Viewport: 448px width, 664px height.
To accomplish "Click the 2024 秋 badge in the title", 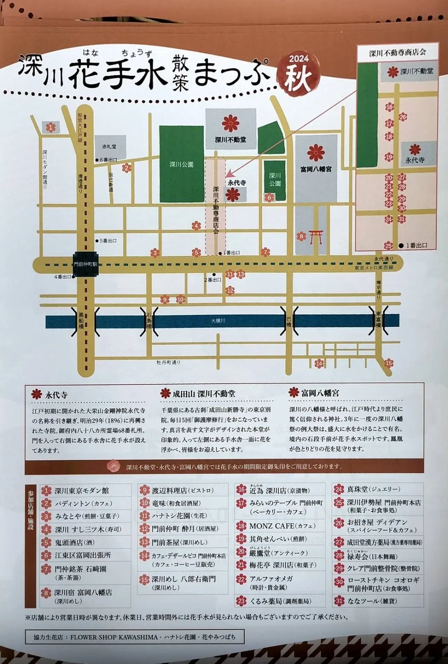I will pos(298,74).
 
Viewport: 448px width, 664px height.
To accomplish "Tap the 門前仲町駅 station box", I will pos(85,264).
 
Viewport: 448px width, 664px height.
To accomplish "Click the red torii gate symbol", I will pos(316,237).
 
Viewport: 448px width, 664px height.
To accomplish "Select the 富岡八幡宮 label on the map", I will pos(316,169).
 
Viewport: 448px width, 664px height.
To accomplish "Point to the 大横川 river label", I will pos(218,320).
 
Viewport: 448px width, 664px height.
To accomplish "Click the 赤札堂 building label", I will pos(109,147).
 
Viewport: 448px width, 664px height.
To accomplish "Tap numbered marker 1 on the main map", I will pos(51,127).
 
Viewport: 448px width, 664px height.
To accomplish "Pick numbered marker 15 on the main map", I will pos(388,364).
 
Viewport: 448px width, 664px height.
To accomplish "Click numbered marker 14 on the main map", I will pos(319,364).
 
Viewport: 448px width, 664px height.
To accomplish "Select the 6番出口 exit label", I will pos(108,160).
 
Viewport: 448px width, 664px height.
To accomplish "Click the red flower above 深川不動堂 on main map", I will pos(231,123).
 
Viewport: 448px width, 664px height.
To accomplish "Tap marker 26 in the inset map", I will pos(403,117).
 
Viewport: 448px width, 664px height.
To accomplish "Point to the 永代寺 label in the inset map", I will pos(414,160).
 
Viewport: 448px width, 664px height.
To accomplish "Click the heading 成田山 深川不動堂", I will pos(204,394).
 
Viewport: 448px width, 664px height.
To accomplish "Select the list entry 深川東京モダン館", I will pos(82,491).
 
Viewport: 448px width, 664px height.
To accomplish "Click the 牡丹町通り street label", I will pos(168,362).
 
